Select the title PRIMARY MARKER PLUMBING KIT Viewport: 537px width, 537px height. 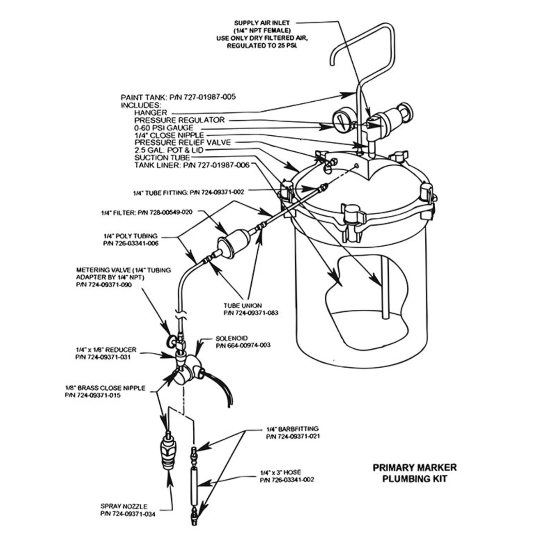click(x=415, y=473)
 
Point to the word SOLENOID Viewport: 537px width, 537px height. click(x=231, y=338)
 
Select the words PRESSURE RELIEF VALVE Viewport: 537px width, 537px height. click(x=183, y=142)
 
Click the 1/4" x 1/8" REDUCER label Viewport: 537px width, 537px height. click(x=106, y=349)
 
